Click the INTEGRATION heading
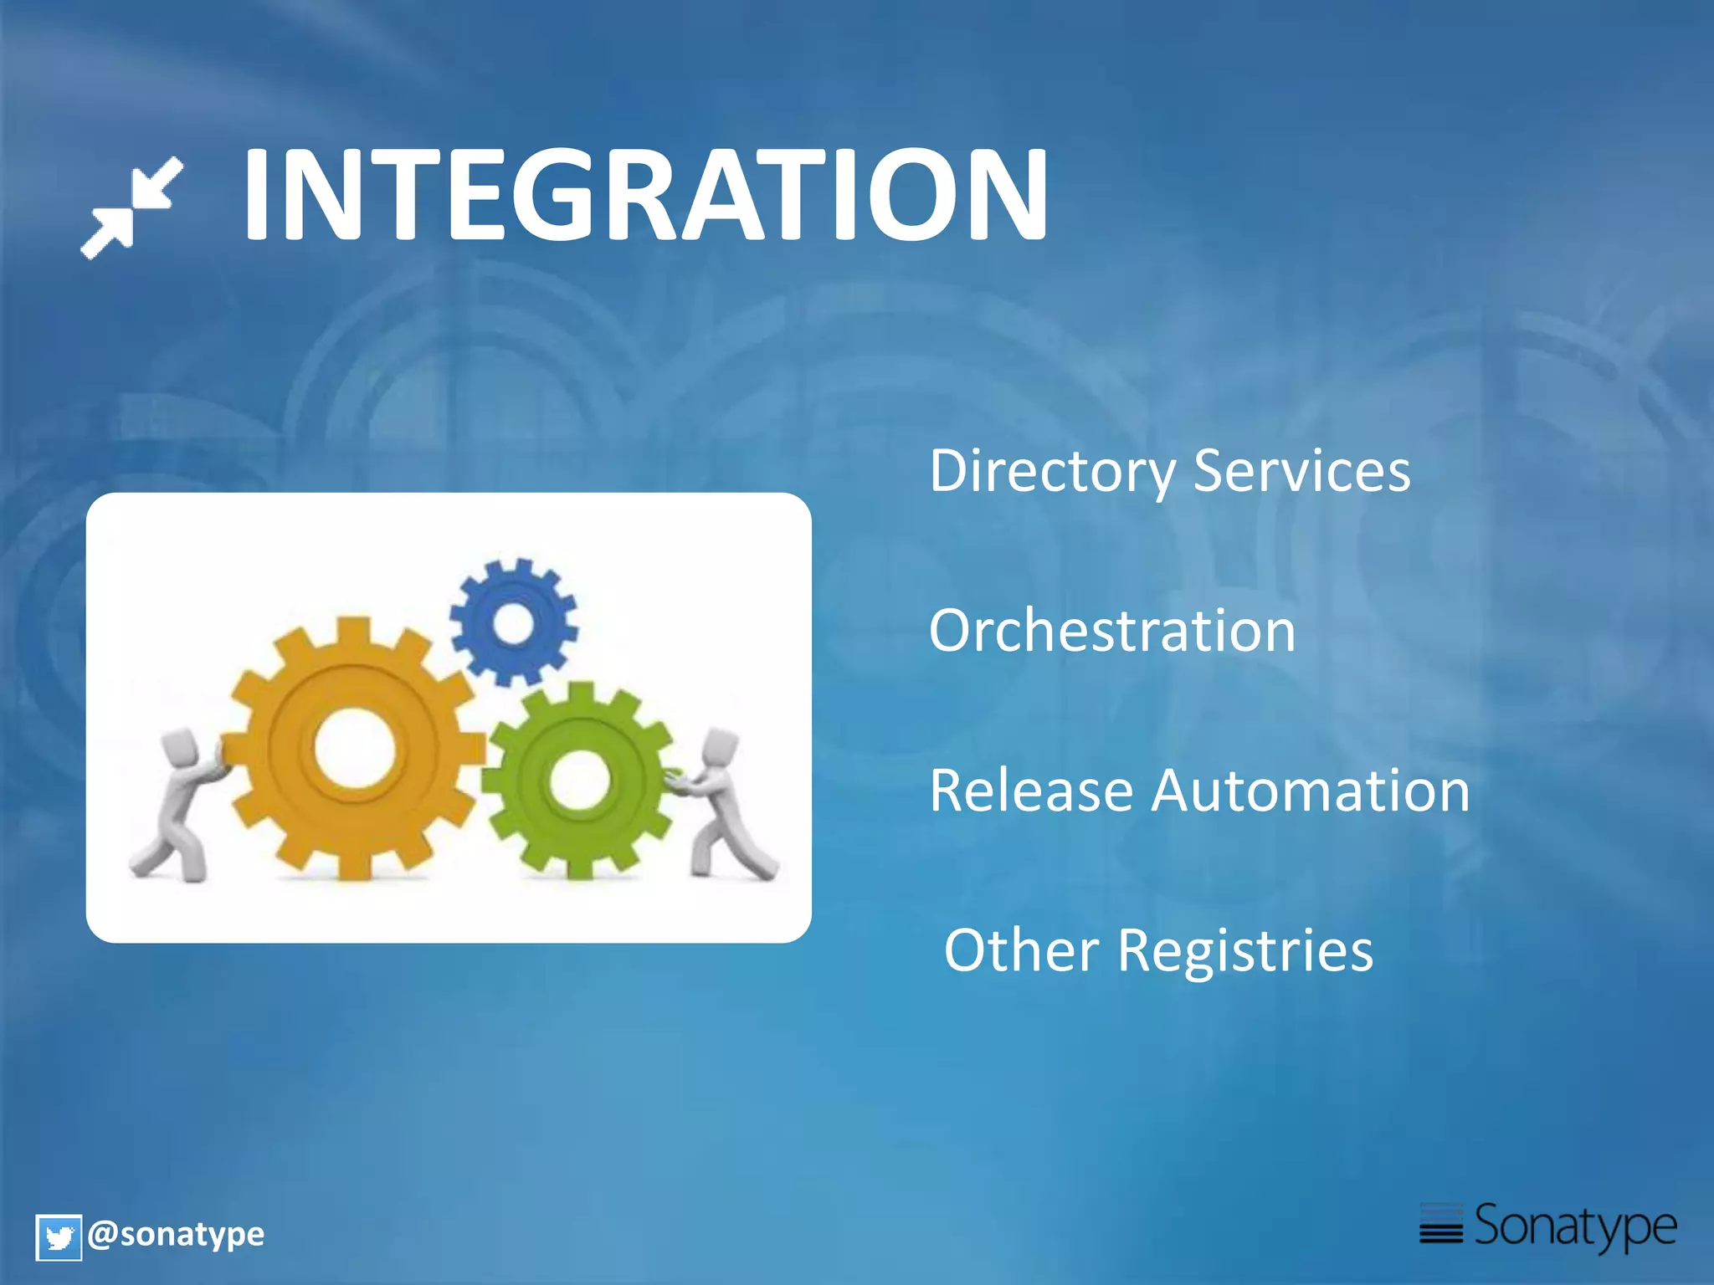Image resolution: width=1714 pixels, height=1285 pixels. click(644, 195)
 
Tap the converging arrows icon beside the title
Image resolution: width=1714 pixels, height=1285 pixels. click(132, 207)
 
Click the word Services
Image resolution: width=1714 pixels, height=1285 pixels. click(1301, 471)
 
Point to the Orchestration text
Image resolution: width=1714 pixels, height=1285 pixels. click(1111, 631)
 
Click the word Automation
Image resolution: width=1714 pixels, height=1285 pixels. click(1310, 791)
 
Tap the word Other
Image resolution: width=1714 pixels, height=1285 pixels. click(1021, 950)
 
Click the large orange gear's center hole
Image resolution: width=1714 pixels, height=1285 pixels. click(354, 747)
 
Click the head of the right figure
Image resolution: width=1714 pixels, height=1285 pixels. click(721, 747)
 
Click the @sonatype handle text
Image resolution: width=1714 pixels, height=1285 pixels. click(176, 1234)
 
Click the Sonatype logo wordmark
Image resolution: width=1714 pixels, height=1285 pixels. click(1575, 1226)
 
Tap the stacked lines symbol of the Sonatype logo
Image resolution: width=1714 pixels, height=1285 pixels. click(1441, 1225)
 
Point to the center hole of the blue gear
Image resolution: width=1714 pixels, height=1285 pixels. click(513, 623)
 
